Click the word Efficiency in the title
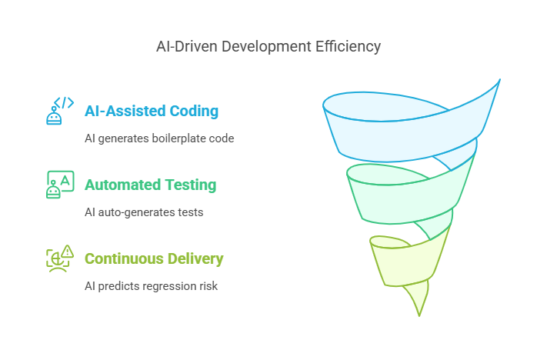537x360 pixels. pyautogui.click(x=348, y=47)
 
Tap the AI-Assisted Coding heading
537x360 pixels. pyautogui.click(x=152, y=111)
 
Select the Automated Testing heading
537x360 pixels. pyautogui.click(x=150, y=185)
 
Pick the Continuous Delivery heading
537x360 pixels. pyautogui.click(x=154, y=258)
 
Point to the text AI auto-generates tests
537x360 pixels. pyautogui.click(x=144, y=212)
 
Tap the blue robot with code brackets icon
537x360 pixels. pyautogui.click(x=60, y=111)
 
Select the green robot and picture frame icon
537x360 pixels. pyautogui.click(x=60, y=185)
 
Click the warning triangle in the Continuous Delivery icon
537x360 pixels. pyautogui.click(x=68, y=251)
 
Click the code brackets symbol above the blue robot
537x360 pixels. pyautogui.click(x=64, y=102)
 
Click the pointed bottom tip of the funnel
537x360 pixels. pyautogui.click(x=419, y=315)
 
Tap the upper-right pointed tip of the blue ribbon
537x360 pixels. pyautogui.click(x=499, y=79)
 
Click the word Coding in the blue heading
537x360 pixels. pyautogui.click(x=194, y=111)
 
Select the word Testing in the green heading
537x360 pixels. pyautogui.click(x=191, y=185)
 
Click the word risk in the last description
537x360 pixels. pyautogui.click(x=208, y=286)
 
